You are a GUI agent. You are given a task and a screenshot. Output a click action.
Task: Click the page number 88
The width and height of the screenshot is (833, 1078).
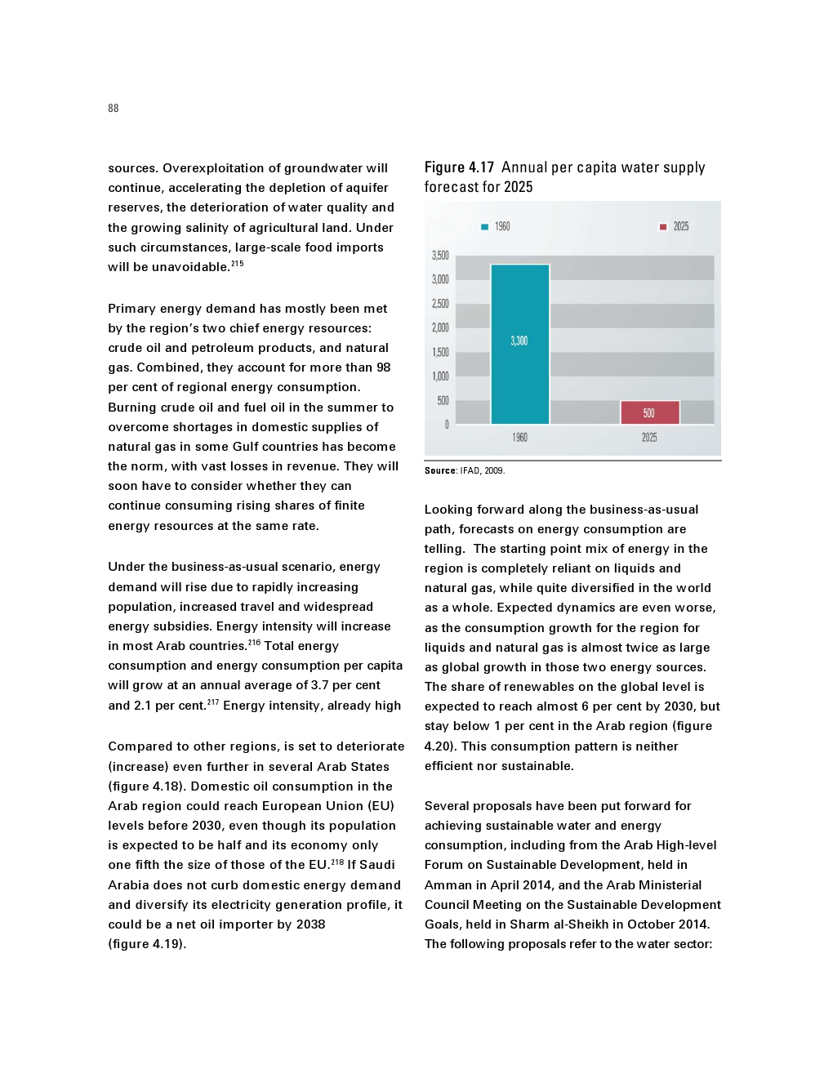pos(113,108)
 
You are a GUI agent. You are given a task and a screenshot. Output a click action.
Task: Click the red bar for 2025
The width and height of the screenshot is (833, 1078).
pos(649,412)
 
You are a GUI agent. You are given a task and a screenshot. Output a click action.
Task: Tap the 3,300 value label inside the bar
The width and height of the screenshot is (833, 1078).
pos(519,341)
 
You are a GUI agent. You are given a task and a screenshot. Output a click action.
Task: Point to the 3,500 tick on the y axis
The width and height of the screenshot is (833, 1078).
pos(440,256)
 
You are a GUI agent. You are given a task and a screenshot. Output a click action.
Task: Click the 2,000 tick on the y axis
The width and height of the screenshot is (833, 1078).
pos(440,327)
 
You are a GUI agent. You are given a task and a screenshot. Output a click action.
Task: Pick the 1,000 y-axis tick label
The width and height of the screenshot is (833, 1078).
pos(440,376)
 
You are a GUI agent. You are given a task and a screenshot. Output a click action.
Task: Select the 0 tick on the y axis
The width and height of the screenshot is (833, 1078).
pos(446,425)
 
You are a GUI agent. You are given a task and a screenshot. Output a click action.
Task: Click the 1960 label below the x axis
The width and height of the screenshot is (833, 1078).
pos(519,438)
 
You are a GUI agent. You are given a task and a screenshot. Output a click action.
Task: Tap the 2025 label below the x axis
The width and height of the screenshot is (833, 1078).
pos(649,438)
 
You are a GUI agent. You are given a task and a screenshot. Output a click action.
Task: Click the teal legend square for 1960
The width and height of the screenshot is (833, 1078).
pos(484,227)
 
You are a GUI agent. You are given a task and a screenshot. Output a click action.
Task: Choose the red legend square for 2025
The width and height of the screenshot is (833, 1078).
pos(663,227)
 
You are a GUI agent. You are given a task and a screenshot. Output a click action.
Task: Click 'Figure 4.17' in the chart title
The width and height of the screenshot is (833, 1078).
pos(459,167)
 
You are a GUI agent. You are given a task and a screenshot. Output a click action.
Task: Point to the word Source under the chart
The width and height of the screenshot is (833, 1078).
pos(440,470)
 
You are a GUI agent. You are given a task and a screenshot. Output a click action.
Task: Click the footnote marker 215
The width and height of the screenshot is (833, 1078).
pos(237,264)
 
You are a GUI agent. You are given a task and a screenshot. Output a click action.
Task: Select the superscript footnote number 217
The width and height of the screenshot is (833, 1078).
pos(212,702)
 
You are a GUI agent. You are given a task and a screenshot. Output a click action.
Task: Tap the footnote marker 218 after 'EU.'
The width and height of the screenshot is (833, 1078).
pos(337,862)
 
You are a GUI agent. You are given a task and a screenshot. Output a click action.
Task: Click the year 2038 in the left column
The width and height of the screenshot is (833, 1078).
pos(310,924)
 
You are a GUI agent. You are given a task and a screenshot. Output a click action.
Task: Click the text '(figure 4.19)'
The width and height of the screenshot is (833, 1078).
pos(147,944)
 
